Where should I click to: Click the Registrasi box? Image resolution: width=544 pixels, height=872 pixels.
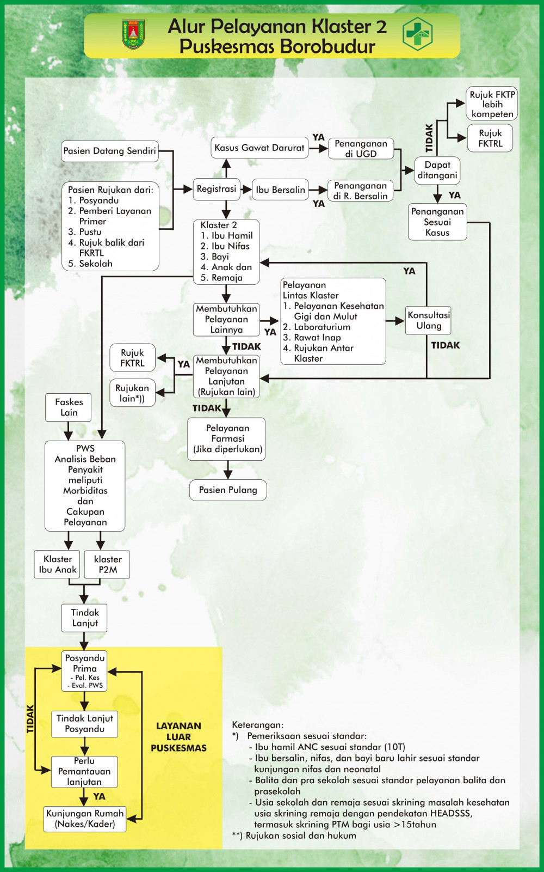click(216, 189)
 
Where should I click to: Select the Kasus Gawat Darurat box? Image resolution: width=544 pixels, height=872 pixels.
click(259, 148)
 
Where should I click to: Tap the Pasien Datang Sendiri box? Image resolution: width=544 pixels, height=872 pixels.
click(109, 151)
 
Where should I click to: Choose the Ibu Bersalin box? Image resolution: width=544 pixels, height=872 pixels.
click(280, 190)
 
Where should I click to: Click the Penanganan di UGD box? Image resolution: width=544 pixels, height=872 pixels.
click(361, 148)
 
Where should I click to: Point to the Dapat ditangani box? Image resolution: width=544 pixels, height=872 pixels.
click(437, 170)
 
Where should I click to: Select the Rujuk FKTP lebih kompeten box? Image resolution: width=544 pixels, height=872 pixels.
click(492, 104)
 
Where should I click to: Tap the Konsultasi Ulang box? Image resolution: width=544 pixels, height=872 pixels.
click(429, 320)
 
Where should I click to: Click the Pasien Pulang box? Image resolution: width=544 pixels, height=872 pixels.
click(228, 490)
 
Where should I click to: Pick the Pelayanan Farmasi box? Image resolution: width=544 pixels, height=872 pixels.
click(227, 438)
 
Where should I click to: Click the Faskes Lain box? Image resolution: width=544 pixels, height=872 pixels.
click(69, 407)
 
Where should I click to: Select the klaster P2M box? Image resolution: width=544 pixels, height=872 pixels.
click(108, 564)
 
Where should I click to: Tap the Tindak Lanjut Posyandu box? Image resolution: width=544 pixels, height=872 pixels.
click(84, 724)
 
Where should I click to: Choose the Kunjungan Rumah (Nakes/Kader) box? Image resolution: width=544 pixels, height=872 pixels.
click(85, 819)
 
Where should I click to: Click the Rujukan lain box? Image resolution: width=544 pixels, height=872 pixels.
click(132, 393)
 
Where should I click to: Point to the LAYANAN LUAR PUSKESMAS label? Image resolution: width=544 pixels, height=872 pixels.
click(178, 737)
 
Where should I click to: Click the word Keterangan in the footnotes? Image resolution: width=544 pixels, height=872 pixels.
click(257, 725)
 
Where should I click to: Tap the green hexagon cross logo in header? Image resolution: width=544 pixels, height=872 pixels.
click(417, 34)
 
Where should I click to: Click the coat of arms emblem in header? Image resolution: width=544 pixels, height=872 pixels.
click(133, 34)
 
